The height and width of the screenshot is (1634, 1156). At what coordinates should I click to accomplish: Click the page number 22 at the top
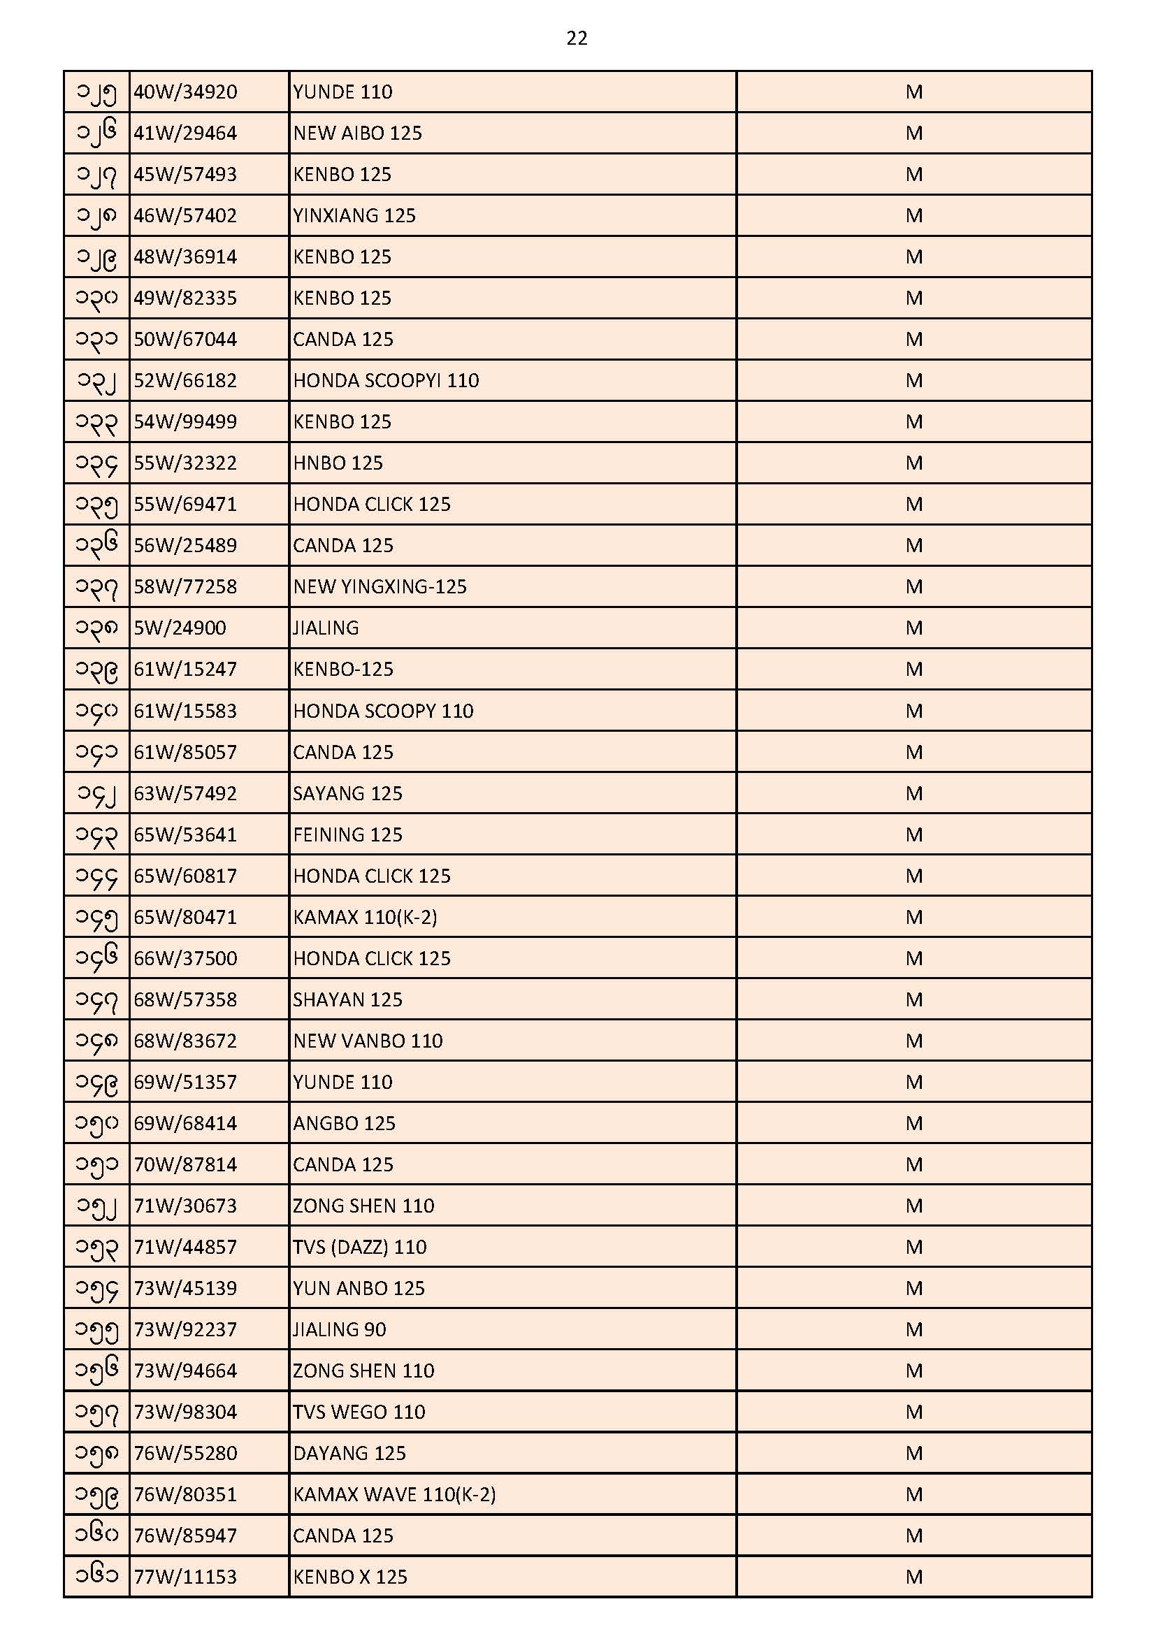[x=577, y=38]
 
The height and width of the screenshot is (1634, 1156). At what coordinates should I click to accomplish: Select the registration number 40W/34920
[x=185, y=92]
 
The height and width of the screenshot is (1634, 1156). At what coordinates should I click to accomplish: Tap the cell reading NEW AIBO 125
[x=357, y=133]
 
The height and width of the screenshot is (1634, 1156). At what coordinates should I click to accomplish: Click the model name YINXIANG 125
[x=354, y=217]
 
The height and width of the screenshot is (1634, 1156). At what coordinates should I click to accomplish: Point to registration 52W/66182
[x=185, y=381]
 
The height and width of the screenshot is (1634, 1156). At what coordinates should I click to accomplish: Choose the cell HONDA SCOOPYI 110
[x=386, y=381]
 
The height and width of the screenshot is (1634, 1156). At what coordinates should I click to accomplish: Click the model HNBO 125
[x=338, y=463]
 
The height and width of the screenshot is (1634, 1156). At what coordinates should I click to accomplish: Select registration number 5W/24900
[x=180, y=628]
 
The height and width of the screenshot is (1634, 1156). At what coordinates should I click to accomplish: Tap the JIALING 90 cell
[x=340, y=1329]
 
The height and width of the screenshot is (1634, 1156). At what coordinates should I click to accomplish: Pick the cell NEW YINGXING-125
[x=380, y=587]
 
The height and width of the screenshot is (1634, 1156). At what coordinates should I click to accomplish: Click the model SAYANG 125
[x=347, y=793]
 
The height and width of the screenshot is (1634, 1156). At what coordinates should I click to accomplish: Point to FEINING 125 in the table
[x=347, y=834]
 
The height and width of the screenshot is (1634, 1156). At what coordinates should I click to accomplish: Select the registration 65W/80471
[x=185, y=918]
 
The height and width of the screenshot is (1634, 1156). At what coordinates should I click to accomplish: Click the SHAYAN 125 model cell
[x=347, y=1000]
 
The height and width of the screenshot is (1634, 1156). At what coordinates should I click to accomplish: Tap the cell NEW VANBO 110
[x=368, y=1041]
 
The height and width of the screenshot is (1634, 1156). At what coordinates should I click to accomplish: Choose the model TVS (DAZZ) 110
[x=359, y=1247]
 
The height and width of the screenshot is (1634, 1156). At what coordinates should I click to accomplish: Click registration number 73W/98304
[x=185, y=1412]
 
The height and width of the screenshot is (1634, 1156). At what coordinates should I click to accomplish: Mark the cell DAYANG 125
[x=349, y=1453]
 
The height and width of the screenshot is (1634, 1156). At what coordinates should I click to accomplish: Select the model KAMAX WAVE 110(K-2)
[x=394, y=1494]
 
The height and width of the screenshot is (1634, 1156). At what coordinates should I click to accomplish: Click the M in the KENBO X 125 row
[x=914, y=1577]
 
